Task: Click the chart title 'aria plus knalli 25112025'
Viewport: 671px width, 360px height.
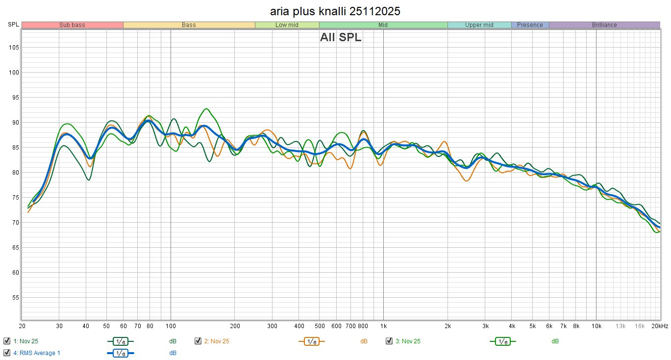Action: tap(335, 11)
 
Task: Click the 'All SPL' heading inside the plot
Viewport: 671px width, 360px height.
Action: tap(341, 37)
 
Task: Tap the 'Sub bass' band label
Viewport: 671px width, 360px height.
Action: tap(72, 25)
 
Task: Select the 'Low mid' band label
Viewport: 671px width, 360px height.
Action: tap(287, 25)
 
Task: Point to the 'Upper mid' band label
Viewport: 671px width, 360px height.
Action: tap(479, 25)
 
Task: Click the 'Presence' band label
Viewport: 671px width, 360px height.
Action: tap(530, 25)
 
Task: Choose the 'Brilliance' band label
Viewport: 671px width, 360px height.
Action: tap(604, 25)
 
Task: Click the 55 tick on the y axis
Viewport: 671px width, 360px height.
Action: tap(15, 298)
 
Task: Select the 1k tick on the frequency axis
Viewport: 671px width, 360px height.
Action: tap(383, 326)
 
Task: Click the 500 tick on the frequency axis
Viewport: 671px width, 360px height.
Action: tap(319, 326)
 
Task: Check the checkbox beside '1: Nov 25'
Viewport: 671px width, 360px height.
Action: tap(7, 341)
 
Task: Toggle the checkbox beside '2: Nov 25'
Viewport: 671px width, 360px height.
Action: tap(198, 341)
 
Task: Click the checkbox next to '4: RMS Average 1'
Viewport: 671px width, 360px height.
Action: tap(7, 353)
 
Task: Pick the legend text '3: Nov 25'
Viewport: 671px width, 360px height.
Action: tap(408, 341)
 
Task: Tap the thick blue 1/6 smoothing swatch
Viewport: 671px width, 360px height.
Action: tap(120, 353)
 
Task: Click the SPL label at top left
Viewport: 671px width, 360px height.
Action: tap(13, 25)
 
